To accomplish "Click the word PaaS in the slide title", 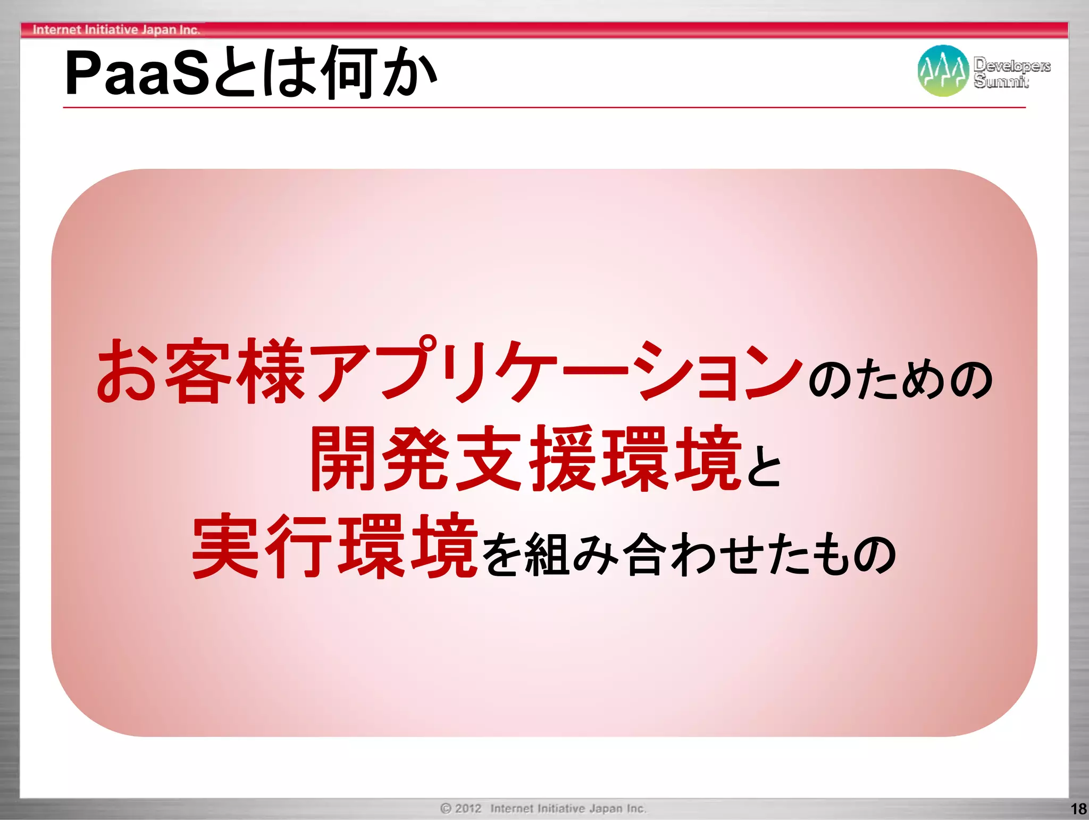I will (x=137, y=73).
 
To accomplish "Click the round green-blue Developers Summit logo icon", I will (x=943, y=71).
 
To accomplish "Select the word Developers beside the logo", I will (x=1012, y=65).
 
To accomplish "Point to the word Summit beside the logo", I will (x=1001, y=81).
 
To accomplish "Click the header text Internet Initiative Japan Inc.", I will (x=116, y=30).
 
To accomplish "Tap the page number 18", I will (x=1078, y=809).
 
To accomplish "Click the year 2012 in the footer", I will (x=468, y=808).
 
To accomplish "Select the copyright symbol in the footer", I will (x=446, y=808).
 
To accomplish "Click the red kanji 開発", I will (x=380, y=459).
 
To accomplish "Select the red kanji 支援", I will (x=526, y=459).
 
